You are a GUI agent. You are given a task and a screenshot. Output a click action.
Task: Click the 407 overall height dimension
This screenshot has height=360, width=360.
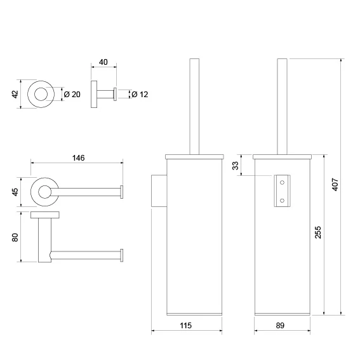point(335,184)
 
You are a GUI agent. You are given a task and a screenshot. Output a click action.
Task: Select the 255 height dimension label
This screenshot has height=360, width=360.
point(318,232)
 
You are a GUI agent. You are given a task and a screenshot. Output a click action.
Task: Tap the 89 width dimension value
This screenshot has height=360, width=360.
point(280,325)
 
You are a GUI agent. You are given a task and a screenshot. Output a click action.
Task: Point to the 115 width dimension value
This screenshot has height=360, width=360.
point(186,325)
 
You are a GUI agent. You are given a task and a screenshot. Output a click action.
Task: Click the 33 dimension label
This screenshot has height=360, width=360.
point(236,166)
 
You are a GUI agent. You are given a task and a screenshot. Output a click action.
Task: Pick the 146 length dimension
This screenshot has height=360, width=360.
point(79,157)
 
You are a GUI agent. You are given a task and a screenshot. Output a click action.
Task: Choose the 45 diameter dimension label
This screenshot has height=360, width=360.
point(15,192)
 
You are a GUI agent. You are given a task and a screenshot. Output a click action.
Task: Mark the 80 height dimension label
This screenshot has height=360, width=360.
point(15,237)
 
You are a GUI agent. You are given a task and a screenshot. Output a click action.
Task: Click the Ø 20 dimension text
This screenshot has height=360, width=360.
point(72,95)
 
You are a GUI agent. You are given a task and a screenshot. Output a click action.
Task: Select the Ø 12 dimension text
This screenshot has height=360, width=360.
point(140,95)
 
